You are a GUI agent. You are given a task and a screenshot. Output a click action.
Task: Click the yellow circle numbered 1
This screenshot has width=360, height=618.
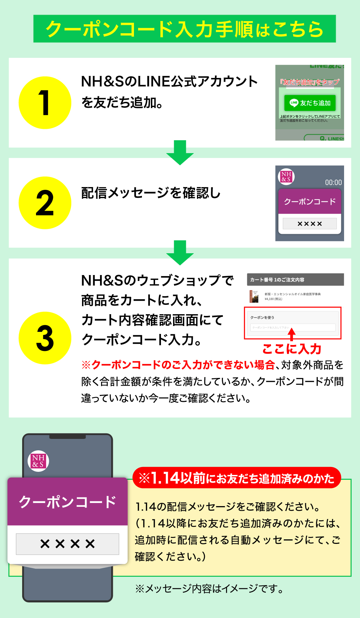coord(45,103)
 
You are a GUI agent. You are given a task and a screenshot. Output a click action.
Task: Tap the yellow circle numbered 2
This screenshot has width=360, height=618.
coord(45,203)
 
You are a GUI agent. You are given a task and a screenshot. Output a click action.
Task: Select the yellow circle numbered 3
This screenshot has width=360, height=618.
coord(45,338)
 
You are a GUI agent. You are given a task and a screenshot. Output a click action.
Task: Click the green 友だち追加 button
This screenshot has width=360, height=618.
coord(310,103)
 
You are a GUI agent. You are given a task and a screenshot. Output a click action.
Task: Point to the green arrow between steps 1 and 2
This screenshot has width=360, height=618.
coord(180,152)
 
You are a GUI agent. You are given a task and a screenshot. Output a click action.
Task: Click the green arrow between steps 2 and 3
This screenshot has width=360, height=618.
coord(180,253)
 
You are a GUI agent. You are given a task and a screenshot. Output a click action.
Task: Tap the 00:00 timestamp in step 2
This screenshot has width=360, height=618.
coord(333,183)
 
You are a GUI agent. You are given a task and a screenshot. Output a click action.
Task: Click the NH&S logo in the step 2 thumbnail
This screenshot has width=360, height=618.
coord(286,176)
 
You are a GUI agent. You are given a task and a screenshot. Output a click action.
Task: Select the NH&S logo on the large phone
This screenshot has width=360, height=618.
coord(38,461)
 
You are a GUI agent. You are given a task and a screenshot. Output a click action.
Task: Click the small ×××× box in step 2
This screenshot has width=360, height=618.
coord(309,224)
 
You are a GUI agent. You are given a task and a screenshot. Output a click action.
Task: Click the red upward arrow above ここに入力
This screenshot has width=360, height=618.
coord(292,335)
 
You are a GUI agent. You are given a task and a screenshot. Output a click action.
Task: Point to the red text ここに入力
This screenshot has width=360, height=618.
coord(292,349)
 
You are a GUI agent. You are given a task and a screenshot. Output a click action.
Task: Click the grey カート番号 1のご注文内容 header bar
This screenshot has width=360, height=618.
coord(295,280)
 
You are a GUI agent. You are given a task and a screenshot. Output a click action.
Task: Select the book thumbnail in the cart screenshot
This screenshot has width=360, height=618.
coord(254,296)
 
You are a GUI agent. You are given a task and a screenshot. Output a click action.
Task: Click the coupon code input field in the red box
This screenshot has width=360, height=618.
coord(293,327)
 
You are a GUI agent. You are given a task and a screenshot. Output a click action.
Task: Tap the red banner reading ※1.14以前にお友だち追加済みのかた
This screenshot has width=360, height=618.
coord(237,478)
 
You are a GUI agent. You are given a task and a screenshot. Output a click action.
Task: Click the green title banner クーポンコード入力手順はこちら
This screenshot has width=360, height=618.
coord(184,29)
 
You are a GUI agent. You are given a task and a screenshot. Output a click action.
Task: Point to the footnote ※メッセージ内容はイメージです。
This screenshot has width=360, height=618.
coord(209,589)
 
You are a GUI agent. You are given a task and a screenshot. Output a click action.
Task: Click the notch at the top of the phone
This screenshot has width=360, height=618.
coord(67,437)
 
